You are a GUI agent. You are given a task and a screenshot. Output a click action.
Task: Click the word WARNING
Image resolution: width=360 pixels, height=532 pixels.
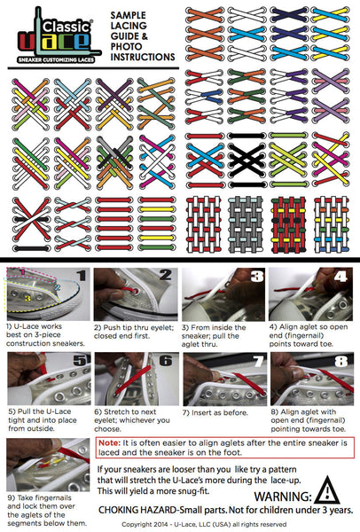coord(281,497)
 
